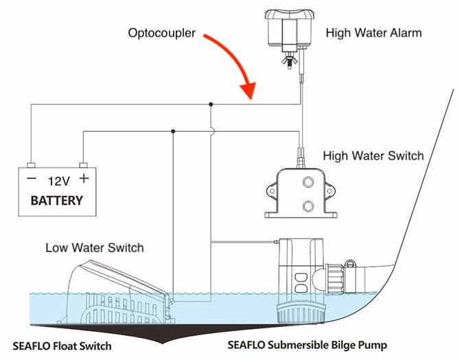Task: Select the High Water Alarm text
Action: tap(373, 32)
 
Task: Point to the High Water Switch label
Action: tap(373, 156)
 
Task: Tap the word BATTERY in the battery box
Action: tap(57, 201)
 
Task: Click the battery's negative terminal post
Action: tap(31, 166)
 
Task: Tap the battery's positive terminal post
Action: tap(83, 166)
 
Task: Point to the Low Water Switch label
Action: tap(95, 247)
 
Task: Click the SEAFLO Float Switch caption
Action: tap(62, 346)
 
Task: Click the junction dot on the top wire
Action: tap(211, 104)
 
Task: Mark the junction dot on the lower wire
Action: tap(172, 131)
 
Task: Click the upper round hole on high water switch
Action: tap(308, 182)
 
